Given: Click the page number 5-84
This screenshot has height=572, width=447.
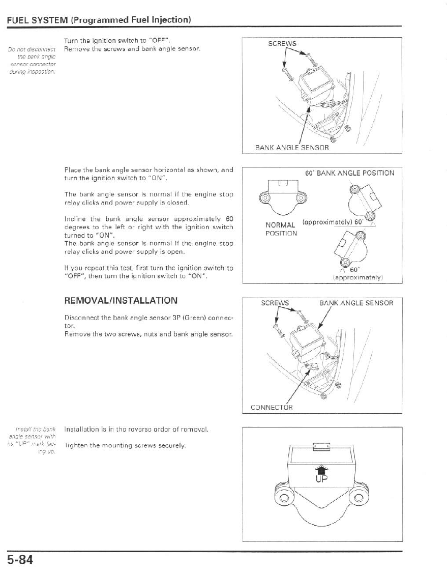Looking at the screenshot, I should pyautogui.click(x=20, y=560).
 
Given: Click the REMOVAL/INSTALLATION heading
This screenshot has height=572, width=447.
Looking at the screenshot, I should pyautogui.click(x=121, y=301).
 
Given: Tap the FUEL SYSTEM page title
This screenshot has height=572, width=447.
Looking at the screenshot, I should pyautogui.click(x=99, y=20).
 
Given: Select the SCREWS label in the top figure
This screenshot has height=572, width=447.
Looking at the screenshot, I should pyautogui.click(x=282, y=44).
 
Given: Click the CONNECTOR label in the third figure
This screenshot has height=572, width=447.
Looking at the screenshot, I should pyautogui.click(x=272, y=407).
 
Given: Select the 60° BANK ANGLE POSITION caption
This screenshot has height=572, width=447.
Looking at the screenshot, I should pyautogui.click(x=349, y=173).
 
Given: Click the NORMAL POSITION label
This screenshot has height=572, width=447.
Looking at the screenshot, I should pyautogui.click(x=280, y=229).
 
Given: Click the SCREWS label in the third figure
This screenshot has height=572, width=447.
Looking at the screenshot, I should pyautogui.click(x=275, y=303).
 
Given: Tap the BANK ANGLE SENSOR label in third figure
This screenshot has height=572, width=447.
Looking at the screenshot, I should pyautogui.click(x=356, y=303).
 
